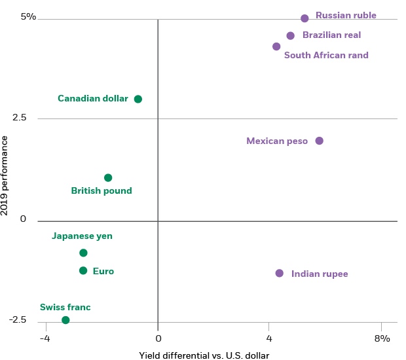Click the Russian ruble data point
coord(304,18)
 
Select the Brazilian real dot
coord(291,35)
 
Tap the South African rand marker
coord(276,46)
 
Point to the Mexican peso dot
coord(319,141)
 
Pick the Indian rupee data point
coord(280,273)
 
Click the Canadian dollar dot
coord(138,99)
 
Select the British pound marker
coord(108,177)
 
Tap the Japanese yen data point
coord(83,253)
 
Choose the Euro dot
coord(83,270)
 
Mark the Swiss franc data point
coord(65,320)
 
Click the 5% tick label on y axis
coord(28,16)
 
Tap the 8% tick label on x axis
coord(382,338)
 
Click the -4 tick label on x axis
coord(44,338)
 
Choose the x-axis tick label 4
coord(268,338)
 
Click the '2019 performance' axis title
coord(6,175)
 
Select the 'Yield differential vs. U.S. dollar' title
coord(204,355)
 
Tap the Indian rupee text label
coord(320,274)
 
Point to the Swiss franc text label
coord(65,307)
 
